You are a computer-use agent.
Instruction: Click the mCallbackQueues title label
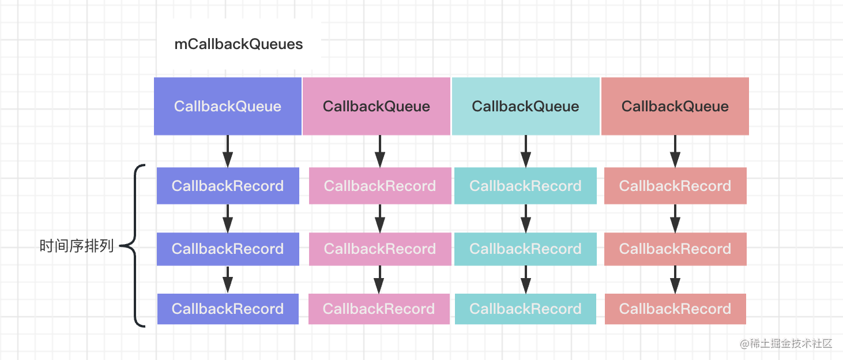click(x=239, y=44)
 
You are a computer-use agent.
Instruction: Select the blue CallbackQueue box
click(x=228, y=106)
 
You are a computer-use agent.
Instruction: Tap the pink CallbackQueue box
click(x=377, y=106)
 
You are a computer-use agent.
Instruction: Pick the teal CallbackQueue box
click(x=526, y=106)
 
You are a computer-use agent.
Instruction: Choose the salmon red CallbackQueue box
click(x=675, y=106)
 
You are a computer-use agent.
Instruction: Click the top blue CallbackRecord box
click(x=228, y=186)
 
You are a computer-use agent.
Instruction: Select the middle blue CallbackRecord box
click(x=228, y=249)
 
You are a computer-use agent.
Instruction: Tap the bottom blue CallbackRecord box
click(x=228, y=309)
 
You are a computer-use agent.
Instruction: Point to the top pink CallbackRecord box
click(x=380, y=186)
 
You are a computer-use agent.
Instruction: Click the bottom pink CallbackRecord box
click(x=379, y=309)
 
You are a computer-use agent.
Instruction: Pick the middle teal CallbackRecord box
click(x=525, y=249)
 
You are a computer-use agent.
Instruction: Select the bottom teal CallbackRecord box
click(x=525, y=309)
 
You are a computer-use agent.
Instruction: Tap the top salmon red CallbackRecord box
click(x=676, y=186)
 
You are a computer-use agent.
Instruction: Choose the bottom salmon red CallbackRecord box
click(x=676, y=309)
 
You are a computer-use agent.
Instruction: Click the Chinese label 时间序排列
click(x=76, y=246)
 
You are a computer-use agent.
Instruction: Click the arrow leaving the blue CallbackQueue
click(x=228, y=151)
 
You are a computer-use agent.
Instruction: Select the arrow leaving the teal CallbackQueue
click(x=526, y=151)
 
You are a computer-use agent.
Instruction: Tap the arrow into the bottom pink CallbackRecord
click(x=379, y=279)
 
